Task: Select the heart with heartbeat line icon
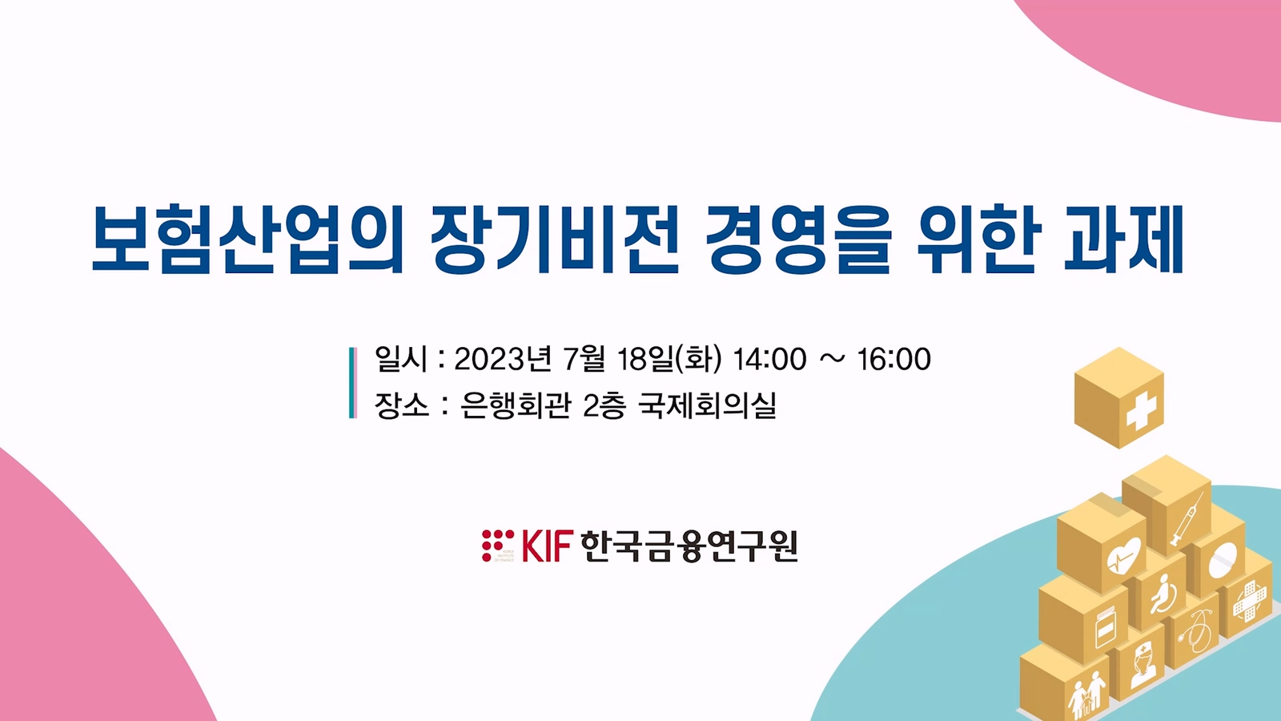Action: point(1123,555)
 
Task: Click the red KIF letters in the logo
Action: point(547,546)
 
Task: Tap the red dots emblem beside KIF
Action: point(497,546)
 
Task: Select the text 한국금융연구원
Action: point(689,546)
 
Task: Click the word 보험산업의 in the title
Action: point(248,240)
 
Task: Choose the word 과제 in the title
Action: point(1123,240)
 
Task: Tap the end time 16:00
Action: point(893,359)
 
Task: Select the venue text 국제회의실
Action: point(708,405)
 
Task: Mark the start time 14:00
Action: point(769,359)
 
